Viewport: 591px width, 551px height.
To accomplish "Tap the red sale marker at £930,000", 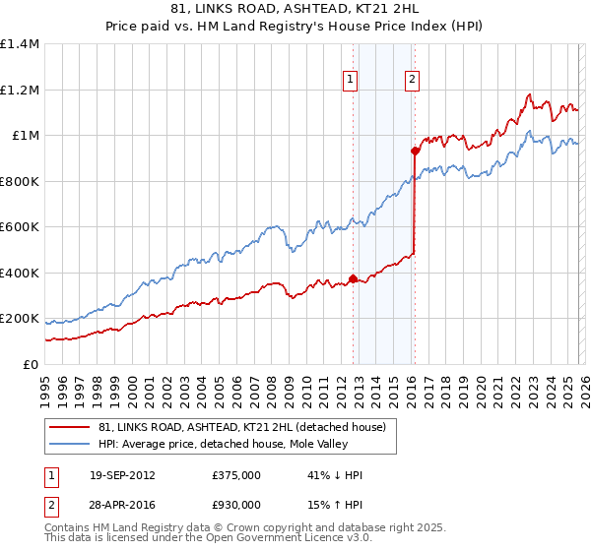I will point(416,152).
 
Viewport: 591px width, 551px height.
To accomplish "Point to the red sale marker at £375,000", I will point(353,278).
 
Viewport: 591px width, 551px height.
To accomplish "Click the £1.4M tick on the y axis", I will point(20,44).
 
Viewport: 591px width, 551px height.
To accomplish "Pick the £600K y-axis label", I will point(20,227).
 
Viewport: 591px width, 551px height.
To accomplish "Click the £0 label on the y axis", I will point(30,364).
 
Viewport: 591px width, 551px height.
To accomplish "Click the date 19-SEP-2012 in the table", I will point(122,474).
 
